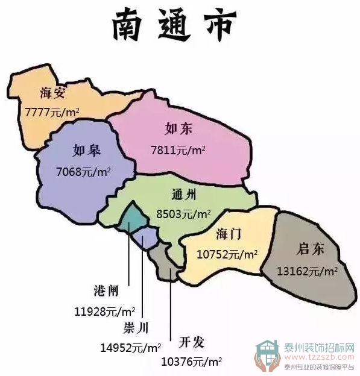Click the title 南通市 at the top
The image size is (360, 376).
coord(175,25)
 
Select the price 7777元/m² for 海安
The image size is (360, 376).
coord(52,112)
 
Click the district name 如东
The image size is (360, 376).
coord(178,129)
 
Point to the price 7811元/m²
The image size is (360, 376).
coord(178,150)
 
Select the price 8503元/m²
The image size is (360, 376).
coord(183,214)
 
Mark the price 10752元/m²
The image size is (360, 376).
coord(227,254)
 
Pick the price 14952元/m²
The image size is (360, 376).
coord(131,348)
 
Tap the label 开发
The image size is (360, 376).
coord(192,343)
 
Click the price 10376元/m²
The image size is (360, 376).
coord(192,362)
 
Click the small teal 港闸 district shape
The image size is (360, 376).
coord(129,220)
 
